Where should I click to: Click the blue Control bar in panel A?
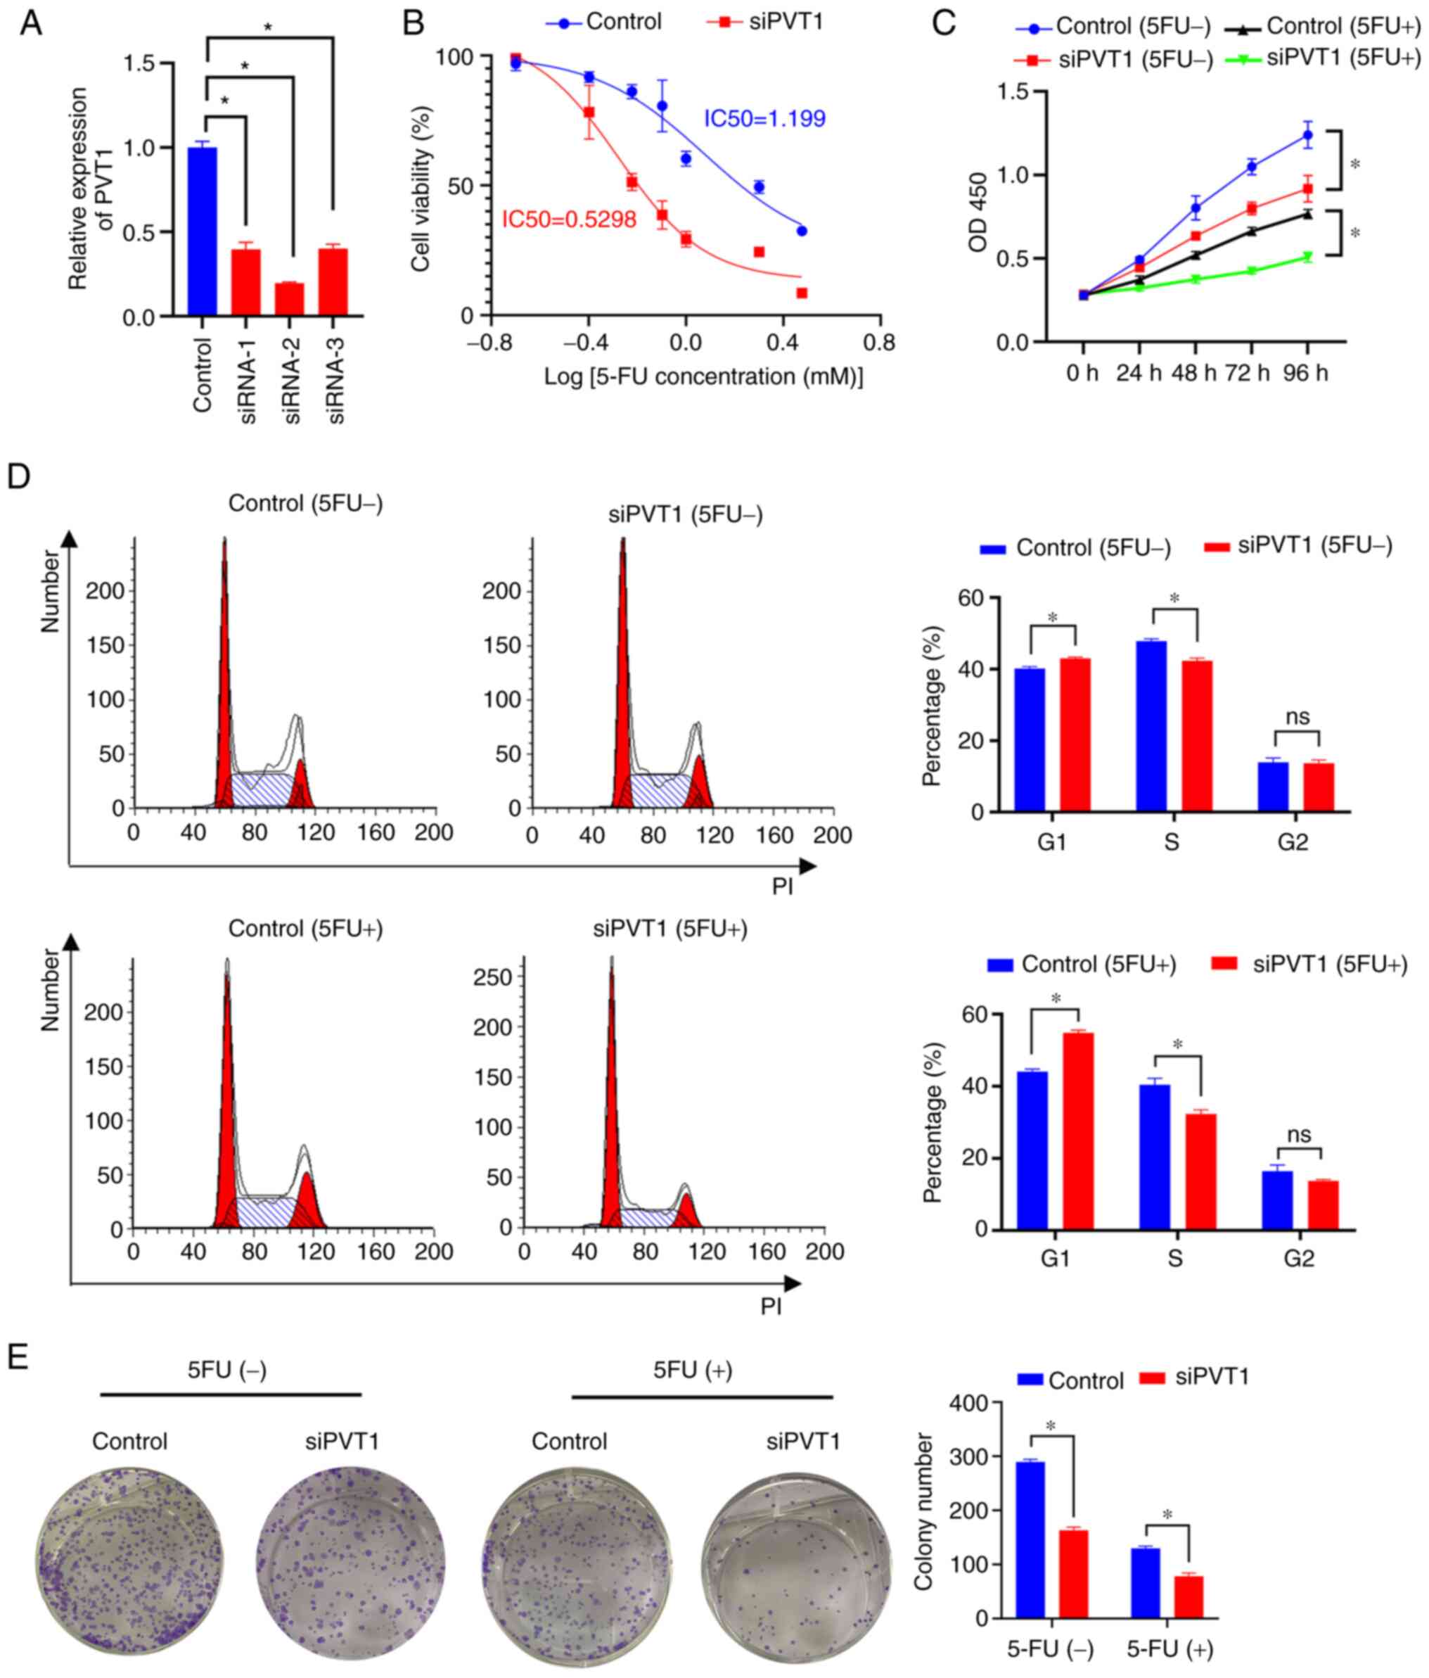(x=202, y=231)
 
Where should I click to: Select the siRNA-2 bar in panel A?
(x=289, y=299)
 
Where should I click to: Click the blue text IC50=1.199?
(x=764, y=119)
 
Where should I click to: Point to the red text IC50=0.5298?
(x=569, y=220)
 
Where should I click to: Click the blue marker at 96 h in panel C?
(x=1307, y=135)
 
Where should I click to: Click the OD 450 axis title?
(x=979, y=212)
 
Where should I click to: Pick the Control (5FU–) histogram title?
(x=305, y=504)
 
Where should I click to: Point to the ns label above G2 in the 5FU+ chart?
(x=1299, y=1135)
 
